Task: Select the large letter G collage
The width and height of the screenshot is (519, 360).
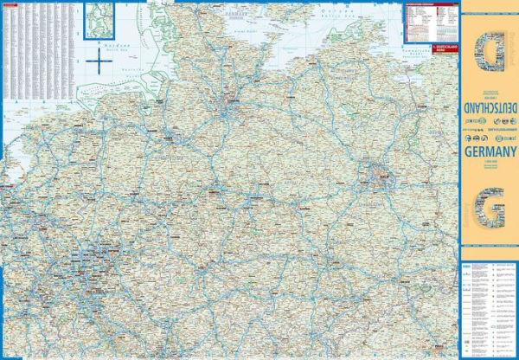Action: click(490, 210)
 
